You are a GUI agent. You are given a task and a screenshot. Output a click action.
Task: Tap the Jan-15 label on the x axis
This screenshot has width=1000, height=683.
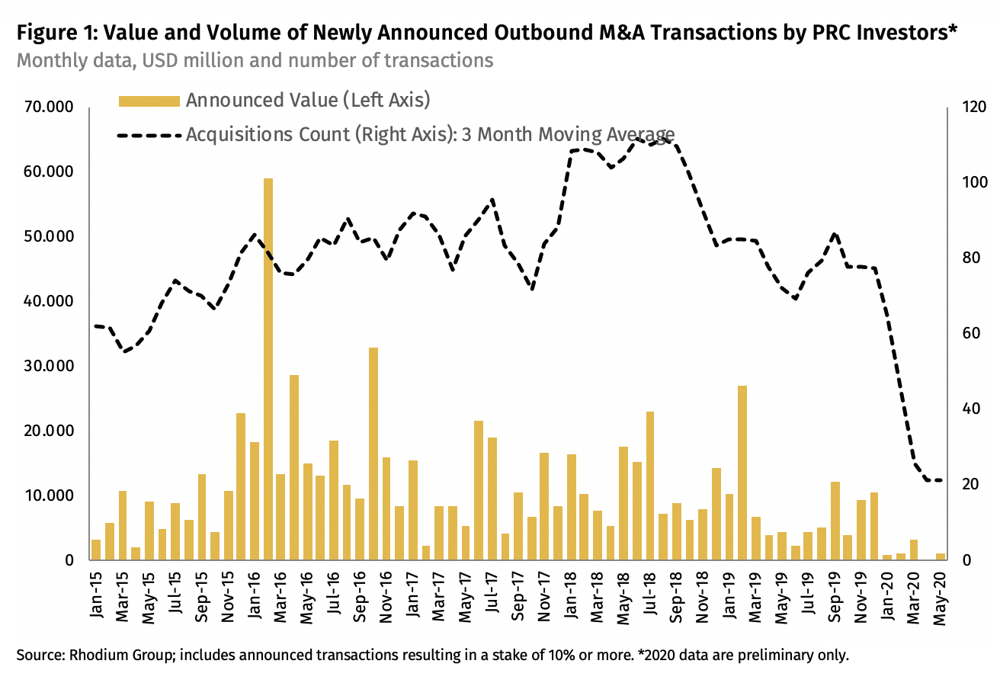96,592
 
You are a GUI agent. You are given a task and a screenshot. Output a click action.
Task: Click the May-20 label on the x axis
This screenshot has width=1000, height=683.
941,592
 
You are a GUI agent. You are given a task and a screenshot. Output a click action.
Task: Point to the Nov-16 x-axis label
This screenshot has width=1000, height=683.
386,592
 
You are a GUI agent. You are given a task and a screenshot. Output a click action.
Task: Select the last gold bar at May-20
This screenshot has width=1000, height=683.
941,556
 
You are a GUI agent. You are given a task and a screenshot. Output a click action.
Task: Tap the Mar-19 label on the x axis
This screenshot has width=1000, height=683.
756,592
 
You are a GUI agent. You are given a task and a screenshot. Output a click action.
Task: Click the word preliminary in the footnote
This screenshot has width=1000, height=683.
771,655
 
